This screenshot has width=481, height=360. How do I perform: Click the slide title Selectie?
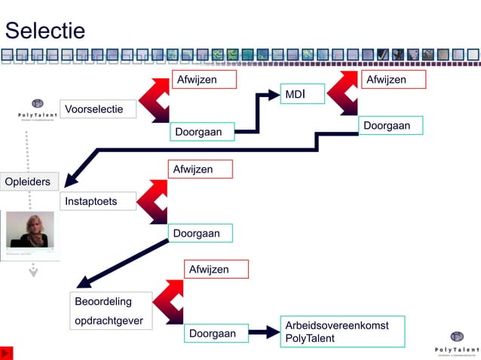click(45, 31)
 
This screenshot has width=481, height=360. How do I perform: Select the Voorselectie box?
click(98, 109)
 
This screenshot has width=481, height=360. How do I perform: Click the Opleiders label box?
click(29, 182)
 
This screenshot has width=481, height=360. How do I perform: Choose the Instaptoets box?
click(98, 201)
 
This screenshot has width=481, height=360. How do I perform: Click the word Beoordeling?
click(103, 302)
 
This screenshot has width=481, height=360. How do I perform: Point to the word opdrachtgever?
click(109, 321)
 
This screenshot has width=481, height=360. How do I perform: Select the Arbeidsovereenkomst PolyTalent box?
click(342, 331)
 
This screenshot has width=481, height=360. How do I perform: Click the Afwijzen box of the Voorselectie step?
click(204, 79)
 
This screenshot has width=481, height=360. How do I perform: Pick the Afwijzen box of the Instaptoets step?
click(200, 169)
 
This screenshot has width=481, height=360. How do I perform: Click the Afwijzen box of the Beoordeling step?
click(216, 269)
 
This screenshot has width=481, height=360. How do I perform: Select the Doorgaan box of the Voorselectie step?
click(201, 132)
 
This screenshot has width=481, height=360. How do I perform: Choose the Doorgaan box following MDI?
click(390, 125)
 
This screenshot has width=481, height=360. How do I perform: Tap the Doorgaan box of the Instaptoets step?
click(200, 233)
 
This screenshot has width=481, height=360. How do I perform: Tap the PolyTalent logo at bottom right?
click(456, 342)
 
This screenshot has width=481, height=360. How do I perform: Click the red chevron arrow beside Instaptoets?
click(154, 202)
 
